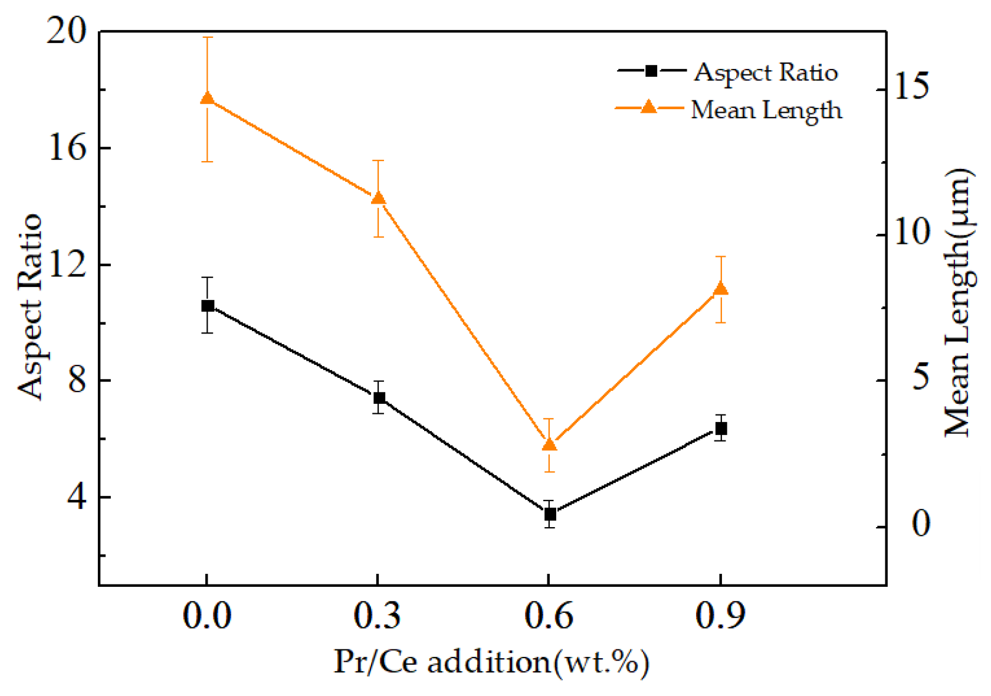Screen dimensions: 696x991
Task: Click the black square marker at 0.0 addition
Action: pyautogui.click(x=208, y=306)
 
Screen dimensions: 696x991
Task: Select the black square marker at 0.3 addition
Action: pyautogui.click(x=379, y=398)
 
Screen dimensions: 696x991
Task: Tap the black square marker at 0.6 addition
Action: pyautogui.click(x=550, y=514)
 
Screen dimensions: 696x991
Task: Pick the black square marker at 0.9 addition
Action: pyautogui.click(x=721, y=429)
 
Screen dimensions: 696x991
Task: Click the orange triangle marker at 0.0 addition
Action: pyautogui.click(x=208, y=99)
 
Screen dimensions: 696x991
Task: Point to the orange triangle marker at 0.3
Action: pyautogui.click(x=379, y=198)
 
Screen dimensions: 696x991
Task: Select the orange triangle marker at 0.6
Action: pyautogui.click(x=550, y=445)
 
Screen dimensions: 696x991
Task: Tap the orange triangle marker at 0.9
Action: pyautogui.click(x=721, y=289)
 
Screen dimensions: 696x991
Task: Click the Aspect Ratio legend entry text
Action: pyautogui.click(x=766, y=73)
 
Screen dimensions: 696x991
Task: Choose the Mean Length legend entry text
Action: pyautogui.click(x=766, y=110)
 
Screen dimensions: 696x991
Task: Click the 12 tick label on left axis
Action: pyautogui.click(x=67, y=264)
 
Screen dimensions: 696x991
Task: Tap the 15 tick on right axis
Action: pyautogui.click(x=912, y=87)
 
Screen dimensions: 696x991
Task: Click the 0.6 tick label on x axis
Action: pyautogui.click(x=549, y=616)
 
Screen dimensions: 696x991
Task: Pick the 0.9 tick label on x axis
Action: pyautogui.click(x=720, y=616)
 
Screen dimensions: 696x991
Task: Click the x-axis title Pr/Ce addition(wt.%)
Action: pyautogui.click(x=491, y=662)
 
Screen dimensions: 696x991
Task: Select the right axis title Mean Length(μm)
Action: pyautogui.click(x=957, y=302)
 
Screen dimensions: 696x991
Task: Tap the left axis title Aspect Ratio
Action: pyautogui.click(x=29, y=306)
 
